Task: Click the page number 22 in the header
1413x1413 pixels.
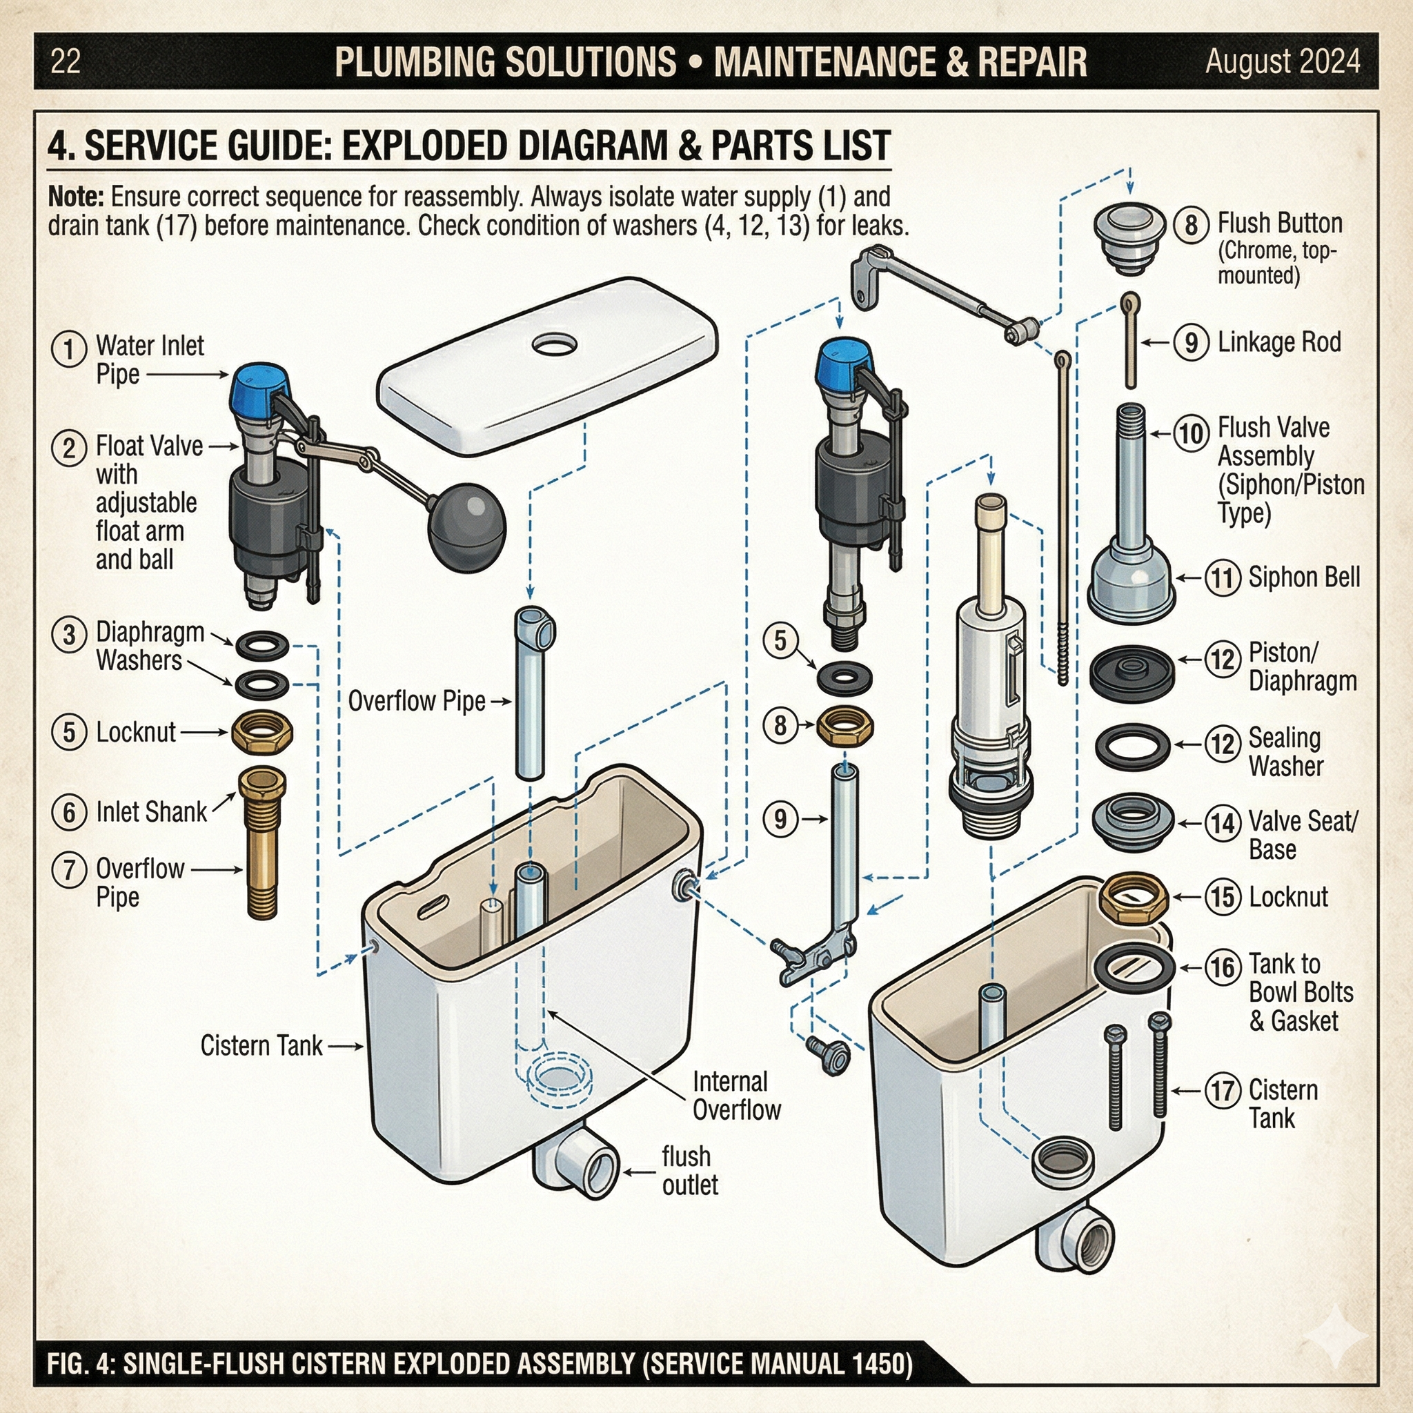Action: pos(65,61)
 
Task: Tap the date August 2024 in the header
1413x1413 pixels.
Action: pos(1282,61)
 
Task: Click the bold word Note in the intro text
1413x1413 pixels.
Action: pos(75,197)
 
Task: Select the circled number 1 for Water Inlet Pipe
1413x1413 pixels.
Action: pos(69,348)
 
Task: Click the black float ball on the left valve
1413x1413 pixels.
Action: pos(466,529)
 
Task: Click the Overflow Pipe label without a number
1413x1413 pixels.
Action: pos(416,702)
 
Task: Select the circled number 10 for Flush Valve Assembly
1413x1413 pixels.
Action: pos(1192,433)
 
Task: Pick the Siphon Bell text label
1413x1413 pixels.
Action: pos(1303,577)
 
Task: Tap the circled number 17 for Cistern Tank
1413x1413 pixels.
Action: pos(1223,1091)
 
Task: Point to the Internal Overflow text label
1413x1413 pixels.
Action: pos(735,1096)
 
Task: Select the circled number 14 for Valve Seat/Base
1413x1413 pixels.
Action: pos(1223,824)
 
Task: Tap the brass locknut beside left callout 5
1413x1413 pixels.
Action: pos(261,732)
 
